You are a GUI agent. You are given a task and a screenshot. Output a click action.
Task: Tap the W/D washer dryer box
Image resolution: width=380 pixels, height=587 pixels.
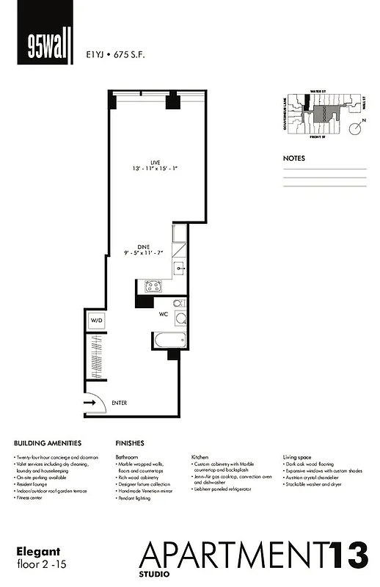click(x=96, y=321)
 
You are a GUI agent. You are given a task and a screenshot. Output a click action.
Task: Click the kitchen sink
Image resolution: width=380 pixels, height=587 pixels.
click(x=180, y=269)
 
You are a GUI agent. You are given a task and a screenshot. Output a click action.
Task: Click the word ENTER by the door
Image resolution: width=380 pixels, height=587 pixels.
click(x=120, y=403)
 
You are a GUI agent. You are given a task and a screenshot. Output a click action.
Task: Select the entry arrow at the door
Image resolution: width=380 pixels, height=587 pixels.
click(x=92, y=403)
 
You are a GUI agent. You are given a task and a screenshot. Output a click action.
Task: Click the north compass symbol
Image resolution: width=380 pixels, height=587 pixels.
click(x=354, y=128)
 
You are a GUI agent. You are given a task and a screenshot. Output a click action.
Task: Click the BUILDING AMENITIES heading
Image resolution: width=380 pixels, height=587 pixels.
click(x=47, y=443)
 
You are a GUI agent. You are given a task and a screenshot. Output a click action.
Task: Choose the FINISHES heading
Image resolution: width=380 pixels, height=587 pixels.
click(x=130, y=443)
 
